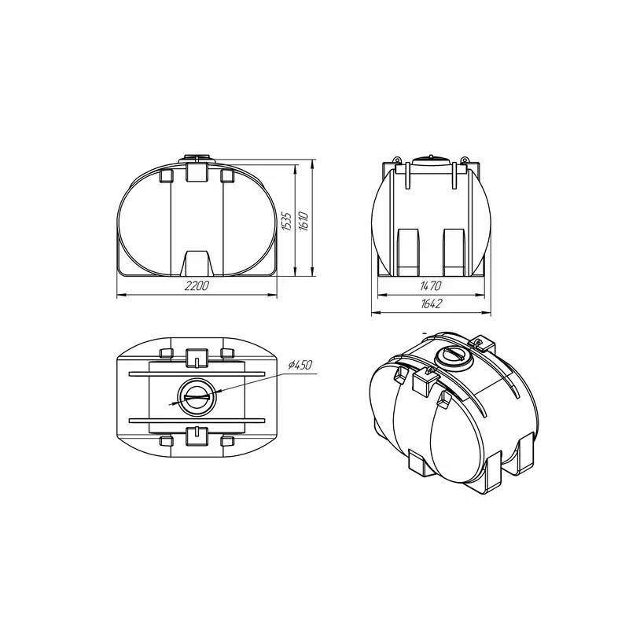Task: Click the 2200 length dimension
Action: tap(197, 286)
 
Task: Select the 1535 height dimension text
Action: tap(286, 221)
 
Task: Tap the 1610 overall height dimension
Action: tap(303, 221)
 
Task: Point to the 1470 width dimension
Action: tap(430, 285)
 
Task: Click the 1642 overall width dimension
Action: tap(431, 303)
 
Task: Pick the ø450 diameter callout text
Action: tap(300, 365)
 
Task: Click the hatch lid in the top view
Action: tap(197, 397)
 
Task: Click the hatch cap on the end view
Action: tap(431, 159)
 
